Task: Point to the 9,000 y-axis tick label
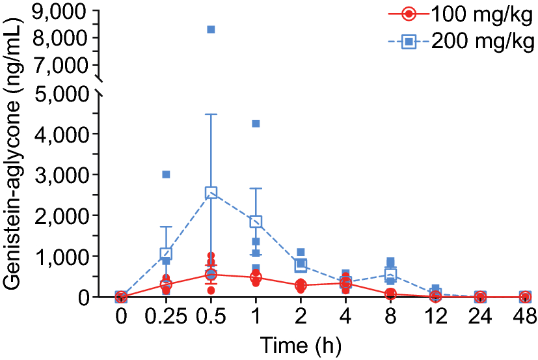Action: [x=57, y=11]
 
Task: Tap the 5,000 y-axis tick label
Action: [x=57, y=93]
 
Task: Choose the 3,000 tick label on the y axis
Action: [x=57, y=174]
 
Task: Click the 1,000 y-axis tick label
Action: [x=57, y=256]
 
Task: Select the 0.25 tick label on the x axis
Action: [x=166, y=316]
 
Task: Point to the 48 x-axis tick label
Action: [x=524, y=316]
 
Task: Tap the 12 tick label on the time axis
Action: [x=435, y=316]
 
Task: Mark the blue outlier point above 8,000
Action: [x=211, y=29]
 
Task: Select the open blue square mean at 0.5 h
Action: [x=211, y=193]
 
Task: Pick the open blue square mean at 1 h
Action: [x=256, y=221]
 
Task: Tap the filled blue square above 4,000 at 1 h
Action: [x=256, y=124]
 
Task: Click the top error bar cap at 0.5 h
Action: [x=211, y=115]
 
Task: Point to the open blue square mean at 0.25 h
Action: [x=166, y=253]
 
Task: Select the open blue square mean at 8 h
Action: [x=390, y=273]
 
